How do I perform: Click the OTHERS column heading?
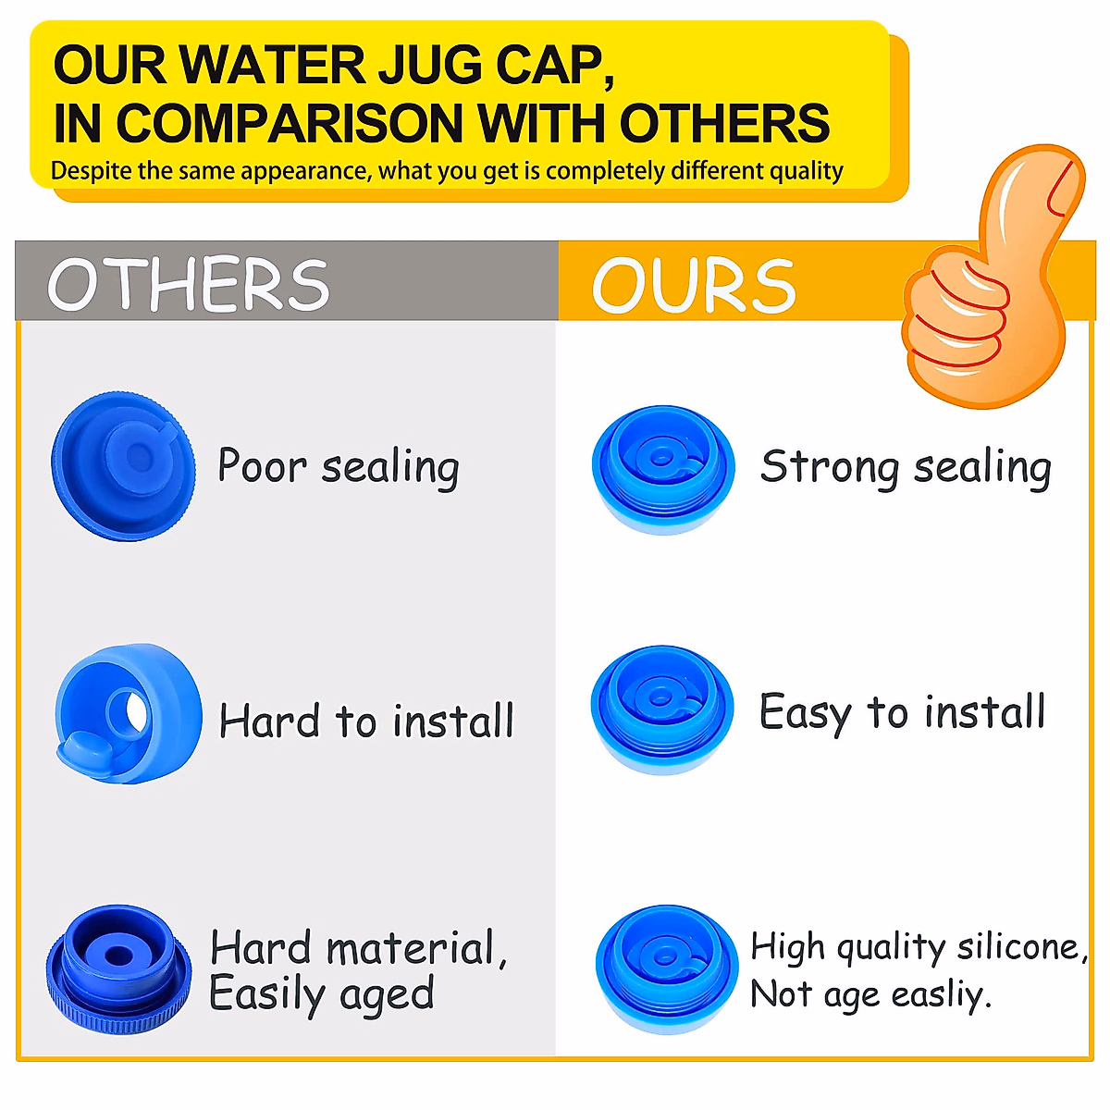click(189, 284)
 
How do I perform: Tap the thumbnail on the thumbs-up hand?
click(1064, 184)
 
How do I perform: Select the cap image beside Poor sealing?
click(124, 466)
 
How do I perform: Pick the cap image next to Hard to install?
click(129, 713)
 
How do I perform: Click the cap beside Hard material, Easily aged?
click(119, 968)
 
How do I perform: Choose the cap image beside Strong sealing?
click(663, 469)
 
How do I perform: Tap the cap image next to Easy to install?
click(662, 709)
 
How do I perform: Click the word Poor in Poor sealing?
click(261, 465)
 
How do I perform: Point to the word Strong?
click(829, 467)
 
